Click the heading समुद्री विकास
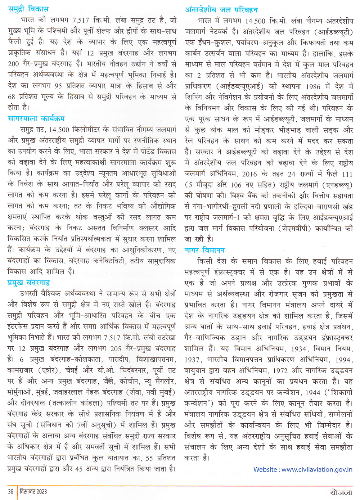pyautogui.click(x=28, y=9)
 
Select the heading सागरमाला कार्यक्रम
pyautogui.click(x=36, y=118)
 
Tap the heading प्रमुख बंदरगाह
pyautogui.click(x=29, y=283)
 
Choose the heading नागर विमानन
pyautogui.click(x=204, y=250)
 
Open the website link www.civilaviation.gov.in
pyautogui.click(x=317, y=469)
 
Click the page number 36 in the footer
pyautogui.click(x=11, y=491)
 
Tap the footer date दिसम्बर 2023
pyautogui.click(x=33, y=491)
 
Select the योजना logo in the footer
pyautogui.click(x=341, y=492)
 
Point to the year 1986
pyautogui.click(x=313, y=86)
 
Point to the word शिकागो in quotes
pyautogui.click(x=341, y=392)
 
